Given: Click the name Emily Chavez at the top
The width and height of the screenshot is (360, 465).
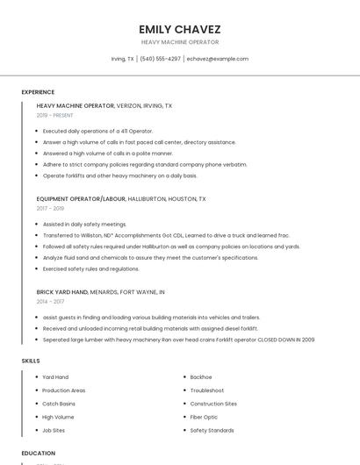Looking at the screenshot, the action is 180,29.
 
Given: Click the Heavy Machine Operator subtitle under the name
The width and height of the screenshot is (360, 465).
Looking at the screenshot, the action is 180,42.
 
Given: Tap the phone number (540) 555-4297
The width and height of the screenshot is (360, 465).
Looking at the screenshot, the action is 161,59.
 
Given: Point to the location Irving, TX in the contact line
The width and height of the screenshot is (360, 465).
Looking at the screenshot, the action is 122,59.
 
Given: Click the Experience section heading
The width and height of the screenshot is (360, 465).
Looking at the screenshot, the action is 38,92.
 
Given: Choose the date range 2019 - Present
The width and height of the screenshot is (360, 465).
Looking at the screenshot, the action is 54,115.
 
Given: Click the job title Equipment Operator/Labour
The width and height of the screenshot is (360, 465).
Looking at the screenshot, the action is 81,199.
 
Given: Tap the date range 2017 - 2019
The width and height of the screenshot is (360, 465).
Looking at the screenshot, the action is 50,208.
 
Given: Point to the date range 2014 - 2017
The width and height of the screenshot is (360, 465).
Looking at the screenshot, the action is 50,301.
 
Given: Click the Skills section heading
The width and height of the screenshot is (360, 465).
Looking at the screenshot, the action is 30,361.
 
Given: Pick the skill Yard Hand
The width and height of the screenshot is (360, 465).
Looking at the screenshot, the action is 55,377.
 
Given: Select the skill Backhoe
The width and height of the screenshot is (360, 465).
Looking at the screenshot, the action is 200,377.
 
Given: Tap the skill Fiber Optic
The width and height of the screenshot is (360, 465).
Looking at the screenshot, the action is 204,417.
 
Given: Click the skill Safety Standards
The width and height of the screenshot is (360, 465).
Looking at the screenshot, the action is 212,431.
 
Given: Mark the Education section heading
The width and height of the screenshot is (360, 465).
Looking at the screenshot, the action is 38,454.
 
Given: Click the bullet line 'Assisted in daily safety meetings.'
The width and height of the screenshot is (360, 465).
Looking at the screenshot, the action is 85,224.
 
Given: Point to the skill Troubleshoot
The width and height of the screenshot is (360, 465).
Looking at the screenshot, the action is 206,390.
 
